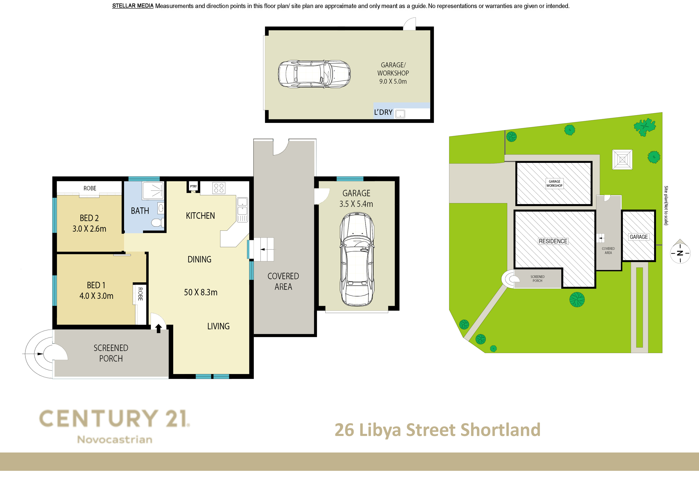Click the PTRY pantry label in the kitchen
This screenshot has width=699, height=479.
tap(193, 186)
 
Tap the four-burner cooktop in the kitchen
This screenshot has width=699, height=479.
tap(219, 188)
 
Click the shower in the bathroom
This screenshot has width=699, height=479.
tap(153, 190)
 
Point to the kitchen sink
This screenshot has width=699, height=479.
tap(242, 210)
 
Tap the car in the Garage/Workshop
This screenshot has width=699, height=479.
tap(314, 74)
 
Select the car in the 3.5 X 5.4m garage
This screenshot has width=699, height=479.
tap(357, 259)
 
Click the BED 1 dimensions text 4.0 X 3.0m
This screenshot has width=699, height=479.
tap(96, 296)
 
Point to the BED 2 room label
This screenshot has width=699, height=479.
tap(89, 218)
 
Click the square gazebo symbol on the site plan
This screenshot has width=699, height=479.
tap(622, 159)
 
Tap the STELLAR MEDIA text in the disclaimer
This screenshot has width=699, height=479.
tap(133, 6)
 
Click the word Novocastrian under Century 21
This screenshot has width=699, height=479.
tap(115, 440)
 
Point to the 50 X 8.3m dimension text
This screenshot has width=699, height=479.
tap(201, 292)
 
